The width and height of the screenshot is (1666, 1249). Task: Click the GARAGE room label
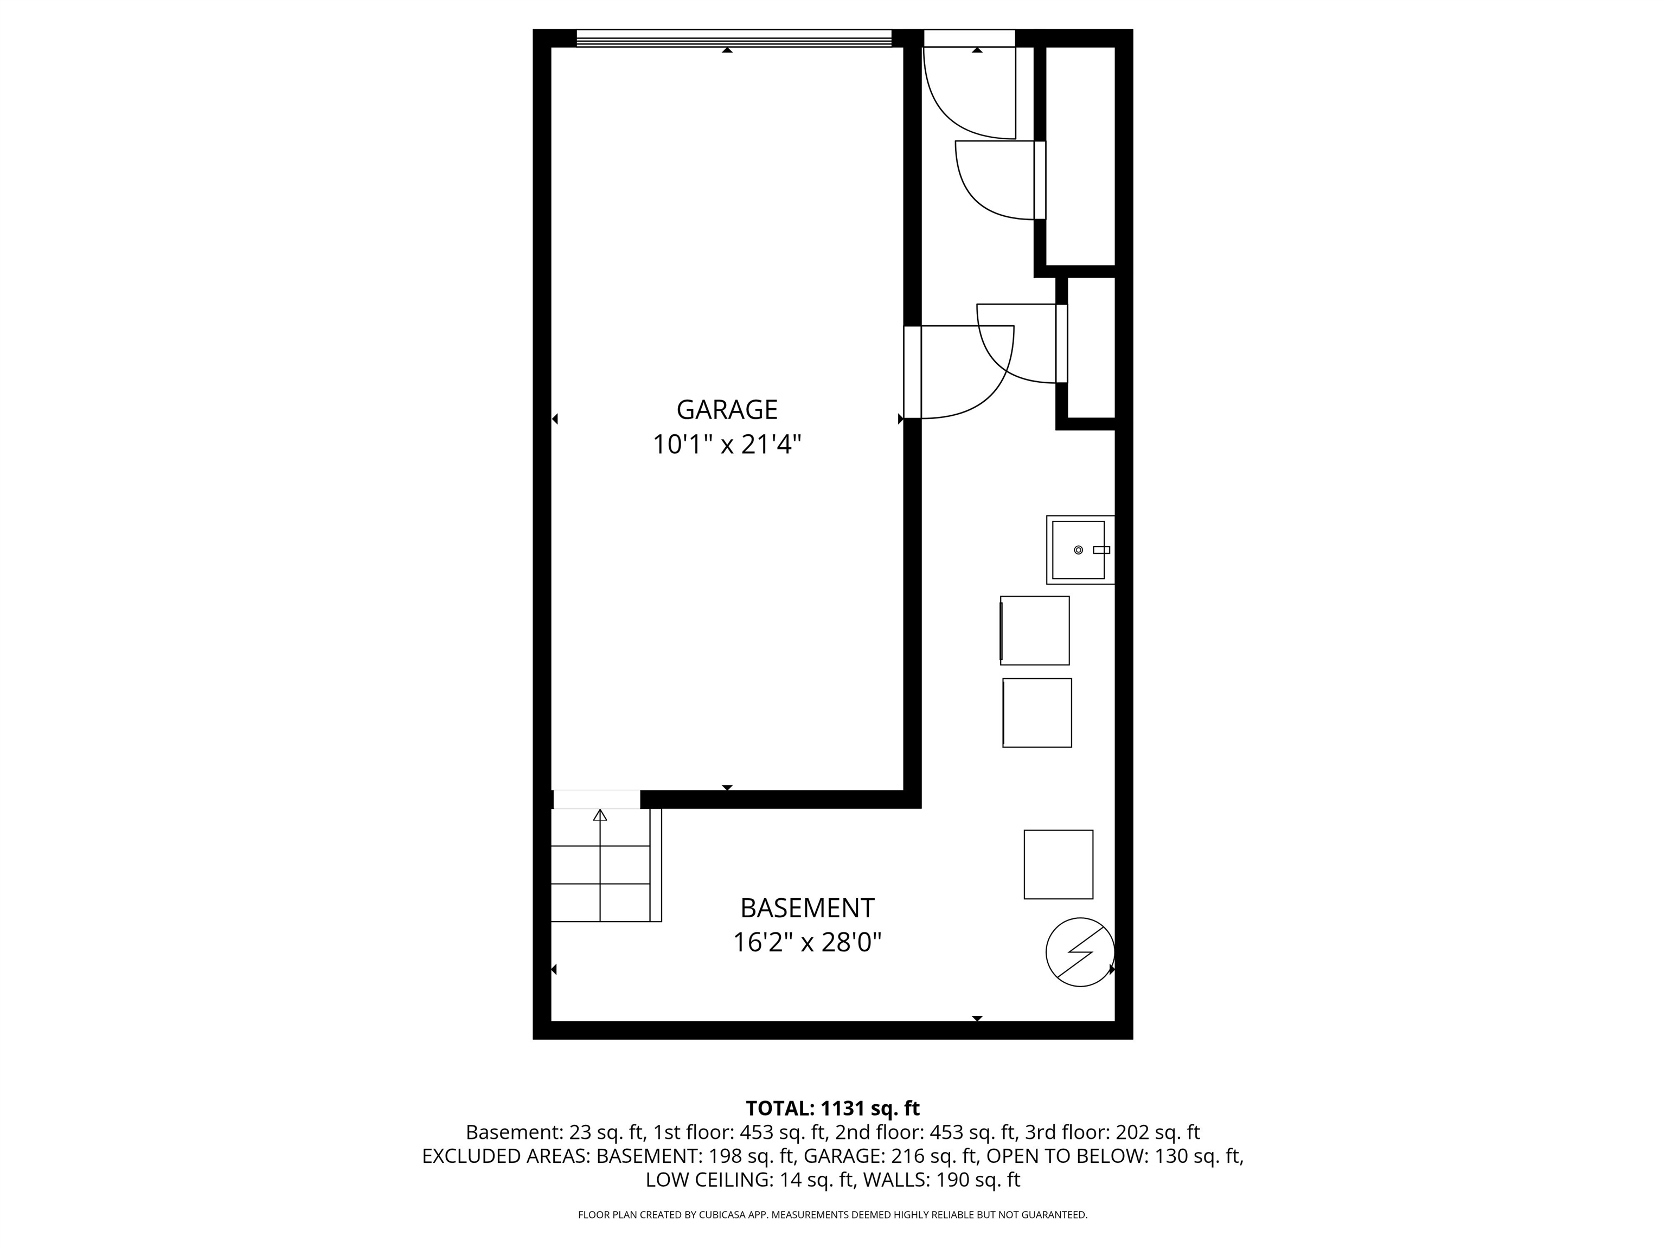coord(726,410)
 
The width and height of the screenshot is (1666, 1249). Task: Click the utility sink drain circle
coord(1078,550)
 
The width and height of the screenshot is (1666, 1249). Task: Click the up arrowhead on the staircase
coord(599,815)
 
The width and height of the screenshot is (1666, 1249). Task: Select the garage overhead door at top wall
coord(734,38)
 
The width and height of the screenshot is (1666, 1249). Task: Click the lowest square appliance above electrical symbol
coord(1058,864)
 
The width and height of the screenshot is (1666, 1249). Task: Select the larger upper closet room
coord(1080,154)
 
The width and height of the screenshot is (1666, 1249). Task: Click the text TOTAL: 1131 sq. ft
coord(832,1108)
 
